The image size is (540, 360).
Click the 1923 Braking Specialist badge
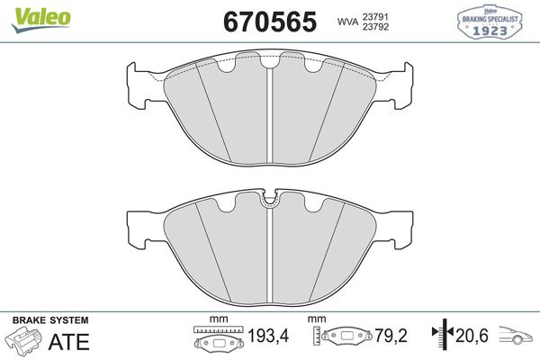492,22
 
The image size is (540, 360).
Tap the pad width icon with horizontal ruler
219,340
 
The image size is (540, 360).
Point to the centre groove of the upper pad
271,112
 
